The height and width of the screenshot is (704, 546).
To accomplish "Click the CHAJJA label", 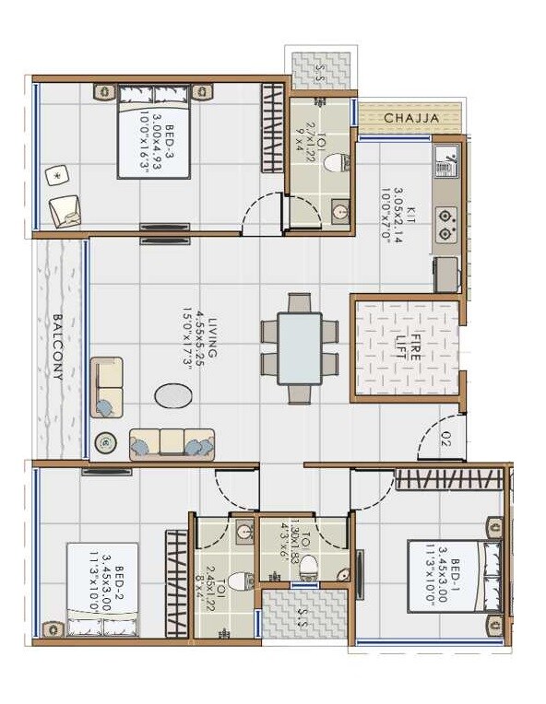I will click(x=409, y=119).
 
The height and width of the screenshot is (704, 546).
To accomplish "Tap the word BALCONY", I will click(x=57, y=347).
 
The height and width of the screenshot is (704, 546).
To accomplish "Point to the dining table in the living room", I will click(x=300, y=348).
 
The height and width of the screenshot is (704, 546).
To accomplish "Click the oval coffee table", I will click(x=173, y=396).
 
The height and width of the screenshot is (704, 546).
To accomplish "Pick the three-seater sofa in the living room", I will click(x=172, y=443).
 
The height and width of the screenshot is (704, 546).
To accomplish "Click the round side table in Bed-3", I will click(x=57, y=173).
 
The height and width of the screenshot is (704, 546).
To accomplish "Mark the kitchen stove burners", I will click(x=446, y=224).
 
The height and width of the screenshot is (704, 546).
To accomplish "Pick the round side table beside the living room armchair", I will click(x=106, y=443).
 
